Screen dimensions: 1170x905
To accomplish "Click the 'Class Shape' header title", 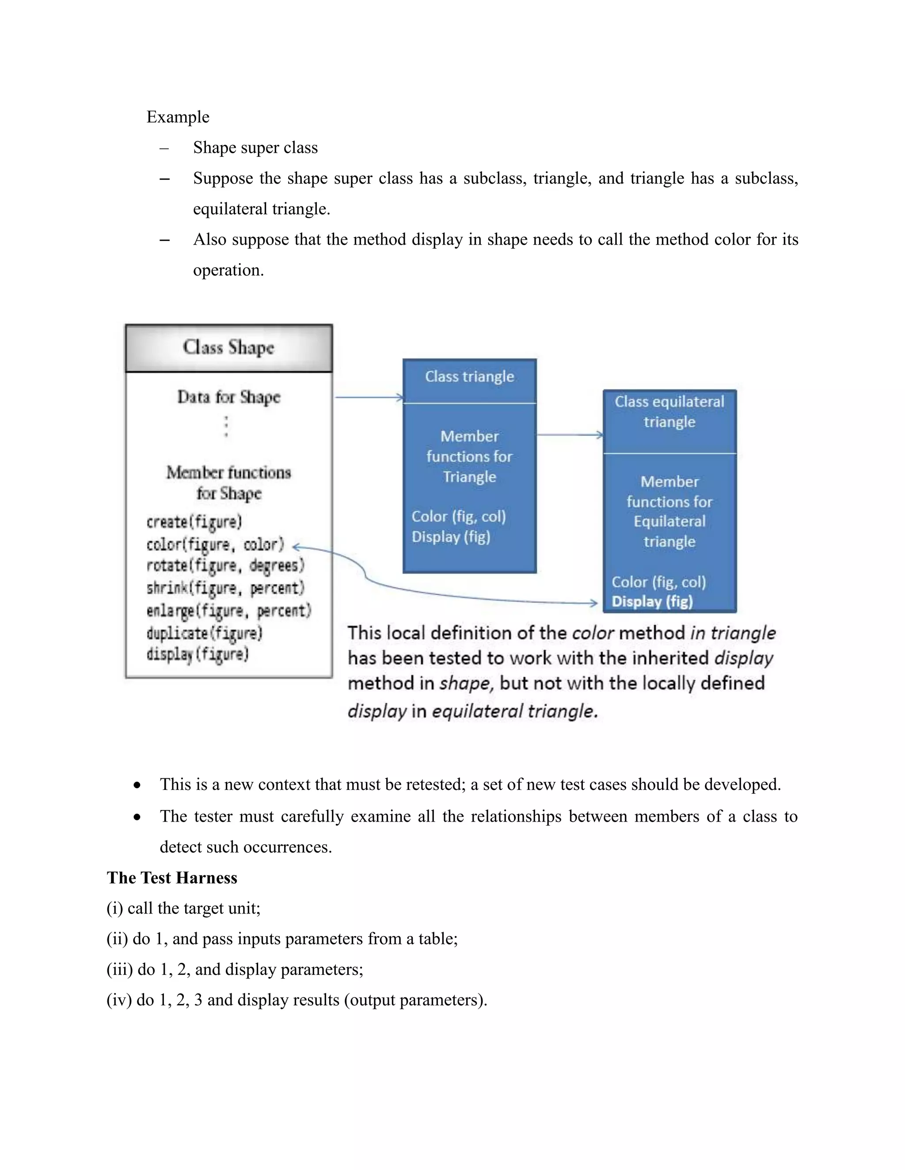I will [228, 347].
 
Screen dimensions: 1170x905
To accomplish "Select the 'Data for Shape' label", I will [229, 397].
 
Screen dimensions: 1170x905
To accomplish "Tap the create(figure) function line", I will [194, 521].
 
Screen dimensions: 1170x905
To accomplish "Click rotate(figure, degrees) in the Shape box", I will [225, 566].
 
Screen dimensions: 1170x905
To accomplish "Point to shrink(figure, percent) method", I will [225, 588].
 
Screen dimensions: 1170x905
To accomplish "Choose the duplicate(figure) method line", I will [204, 633].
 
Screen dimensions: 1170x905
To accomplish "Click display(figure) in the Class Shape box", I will [197, 655].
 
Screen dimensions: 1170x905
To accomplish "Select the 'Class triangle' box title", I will [469, 377].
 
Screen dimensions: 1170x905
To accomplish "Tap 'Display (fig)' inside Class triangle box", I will [450, 537].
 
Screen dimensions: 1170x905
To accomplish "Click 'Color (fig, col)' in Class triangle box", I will [458, 517].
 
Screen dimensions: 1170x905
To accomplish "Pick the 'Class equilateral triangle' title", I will [669, 411].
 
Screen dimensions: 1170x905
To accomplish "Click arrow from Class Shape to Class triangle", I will [369, 397].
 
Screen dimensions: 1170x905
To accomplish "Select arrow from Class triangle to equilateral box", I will [569, 435].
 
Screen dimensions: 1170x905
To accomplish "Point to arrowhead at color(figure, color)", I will [297, 547].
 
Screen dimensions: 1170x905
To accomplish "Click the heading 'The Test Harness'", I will [171, 878].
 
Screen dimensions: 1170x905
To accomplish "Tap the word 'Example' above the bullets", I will [178, 117].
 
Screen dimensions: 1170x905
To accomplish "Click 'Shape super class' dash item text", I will [255, 147].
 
